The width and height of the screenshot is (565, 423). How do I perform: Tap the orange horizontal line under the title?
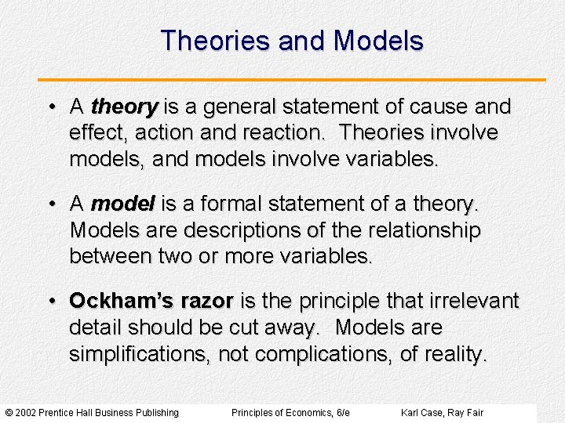(292, 80)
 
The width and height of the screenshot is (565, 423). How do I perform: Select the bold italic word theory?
(125, 107)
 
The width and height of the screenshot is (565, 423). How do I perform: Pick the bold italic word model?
(123, 204)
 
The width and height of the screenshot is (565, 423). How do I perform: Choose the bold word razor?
(206, 301)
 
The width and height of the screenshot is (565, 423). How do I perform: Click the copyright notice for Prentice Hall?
(92, 413)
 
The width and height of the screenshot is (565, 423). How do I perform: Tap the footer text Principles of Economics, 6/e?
(290, 413)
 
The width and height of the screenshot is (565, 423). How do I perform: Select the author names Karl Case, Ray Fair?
(442, 413)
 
